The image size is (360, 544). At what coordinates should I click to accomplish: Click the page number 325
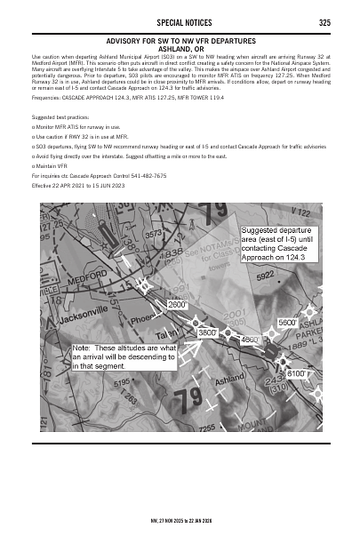(324, 22)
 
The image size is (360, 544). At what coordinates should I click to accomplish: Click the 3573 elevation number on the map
(154, 233)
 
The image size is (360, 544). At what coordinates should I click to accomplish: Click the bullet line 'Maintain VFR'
(52, 165)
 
